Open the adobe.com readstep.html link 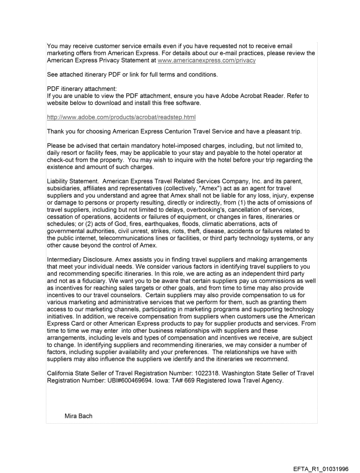tap(121, 117)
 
